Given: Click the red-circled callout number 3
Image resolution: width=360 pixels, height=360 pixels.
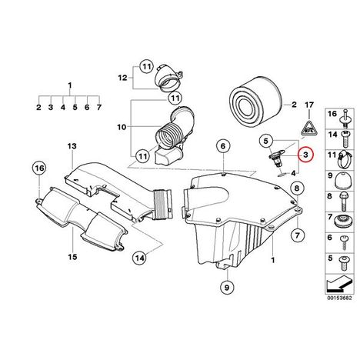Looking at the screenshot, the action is click(305, 155).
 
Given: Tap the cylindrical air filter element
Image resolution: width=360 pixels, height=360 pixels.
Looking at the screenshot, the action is click(256, 101).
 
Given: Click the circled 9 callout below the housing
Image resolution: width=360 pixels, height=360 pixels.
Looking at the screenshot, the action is click(228, 287).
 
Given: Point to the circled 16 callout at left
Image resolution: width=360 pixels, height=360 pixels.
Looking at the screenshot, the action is click(39, 168).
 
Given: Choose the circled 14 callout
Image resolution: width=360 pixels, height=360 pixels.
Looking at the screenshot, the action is click(140, 258).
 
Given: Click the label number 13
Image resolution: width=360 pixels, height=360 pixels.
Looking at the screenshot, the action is click(72, 146).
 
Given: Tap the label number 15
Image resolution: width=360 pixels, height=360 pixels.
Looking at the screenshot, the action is click(72, 256).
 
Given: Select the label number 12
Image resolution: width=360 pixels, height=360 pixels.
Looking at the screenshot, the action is click(123, 78).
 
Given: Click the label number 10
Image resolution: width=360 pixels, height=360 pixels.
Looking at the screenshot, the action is click(122, 127).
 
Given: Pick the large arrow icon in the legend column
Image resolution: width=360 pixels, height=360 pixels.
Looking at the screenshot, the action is click(339, 284).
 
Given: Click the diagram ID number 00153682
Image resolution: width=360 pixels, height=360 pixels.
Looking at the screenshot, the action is click(339, 298).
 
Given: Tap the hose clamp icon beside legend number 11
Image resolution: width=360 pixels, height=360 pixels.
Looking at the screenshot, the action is click(345, 158).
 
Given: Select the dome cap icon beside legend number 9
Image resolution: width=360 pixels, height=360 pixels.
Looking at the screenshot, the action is click(342, 180).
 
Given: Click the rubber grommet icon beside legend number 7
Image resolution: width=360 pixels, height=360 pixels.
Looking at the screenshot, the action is click(342, 221).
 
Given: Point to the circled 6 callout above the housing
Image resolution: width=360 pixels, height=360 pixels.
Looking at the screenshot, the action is click(223, 146).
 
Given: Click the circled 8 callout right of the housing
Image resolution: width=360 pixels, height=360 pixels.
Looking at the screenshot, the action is click(297, 188).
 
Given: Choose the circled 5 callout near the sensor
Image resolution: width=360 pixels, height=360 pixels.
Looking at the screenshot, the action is click(265, 141).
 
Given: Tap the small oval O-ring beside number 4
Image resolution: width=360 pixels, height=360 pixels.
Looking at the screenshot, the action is click(282, 175).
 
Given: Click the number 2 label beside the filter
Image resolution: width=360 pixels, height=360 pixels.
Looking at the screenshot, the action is click(294, 105).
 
